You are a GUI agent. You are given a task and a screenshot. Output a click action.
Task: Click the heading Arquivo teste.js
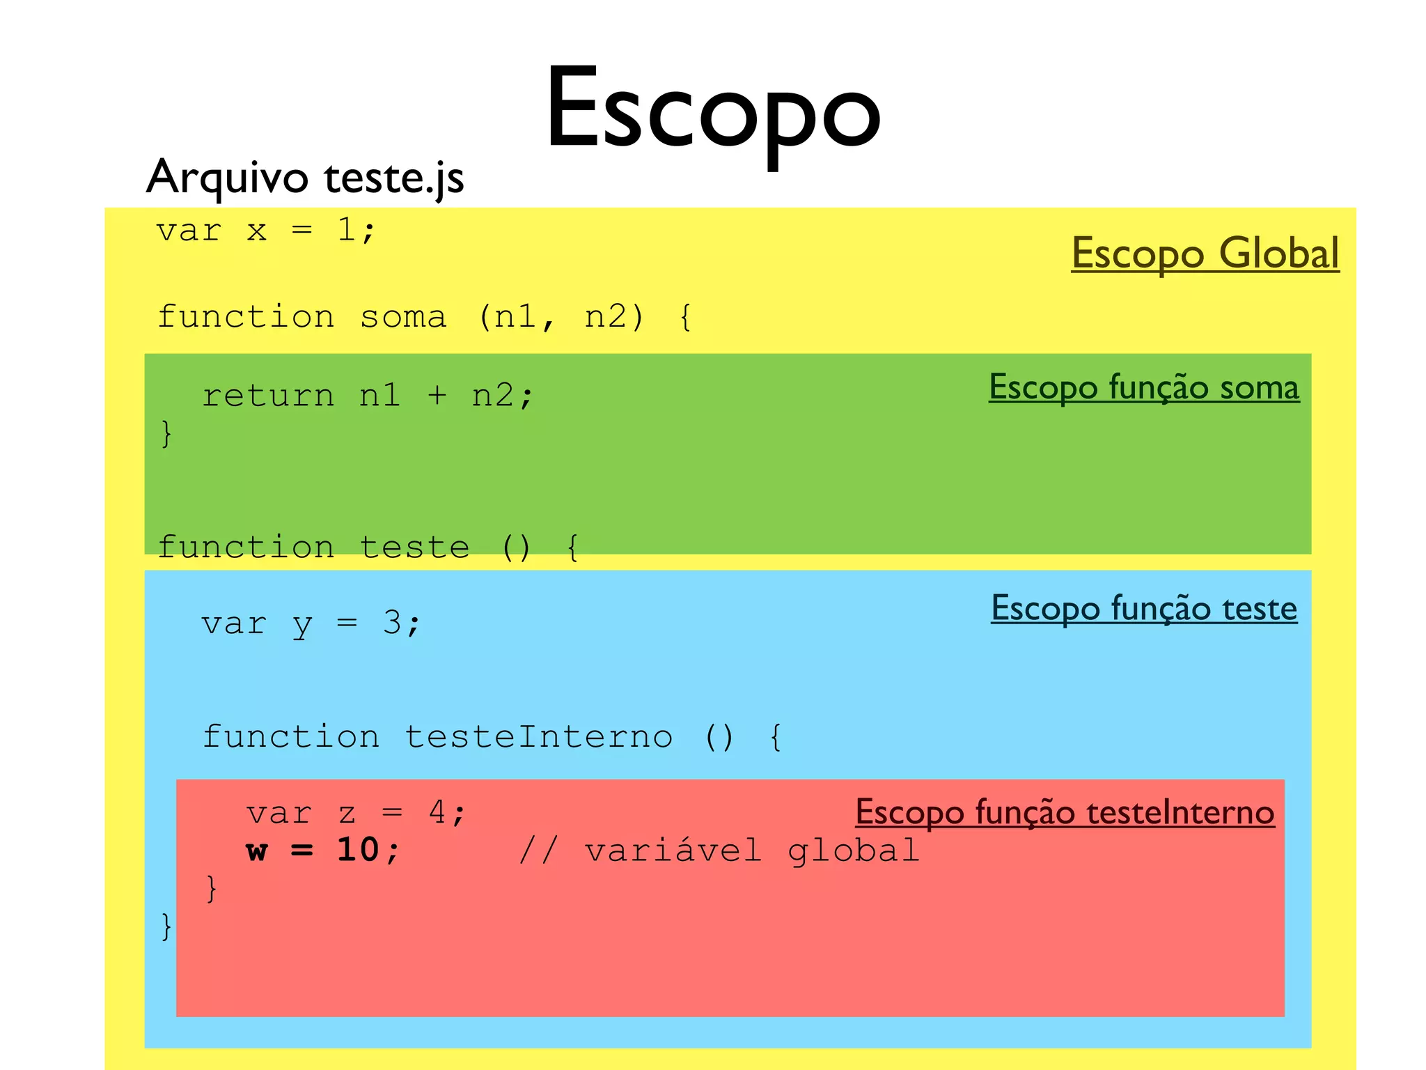(x=305, y=177)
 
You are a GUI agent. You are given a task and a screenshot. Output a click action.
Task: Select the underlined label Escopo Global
(x=1205, y=253)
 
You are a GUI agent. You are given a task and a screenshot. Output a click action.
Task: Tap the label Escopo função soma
(x=1144, y=387)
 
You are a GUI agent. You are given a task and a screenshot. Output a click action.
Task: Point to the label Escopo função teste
(x=1144, y=608)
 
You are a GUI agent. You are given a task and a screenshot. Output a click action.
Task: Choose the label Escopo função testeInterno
(x=1065, y=812)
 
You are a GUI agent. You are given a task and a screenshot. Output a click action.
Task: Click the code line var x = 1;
(x=265, y=231)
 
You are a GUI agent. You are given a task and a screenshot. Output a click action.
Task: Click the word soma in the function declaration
(x=402, y=318)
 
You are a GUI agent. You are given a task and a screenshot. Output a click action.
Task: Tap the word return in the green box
(x=268, y=396)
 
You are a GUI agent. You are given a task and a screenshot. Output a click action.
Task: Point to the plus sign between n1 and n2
(x=437, y=396)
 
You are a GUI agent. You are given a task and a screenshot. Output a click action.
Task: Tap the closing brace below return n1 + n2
(x=166, y=434)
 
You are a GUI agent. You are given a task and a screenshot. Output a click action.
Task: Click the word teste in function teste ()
(x=414, y=548)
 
